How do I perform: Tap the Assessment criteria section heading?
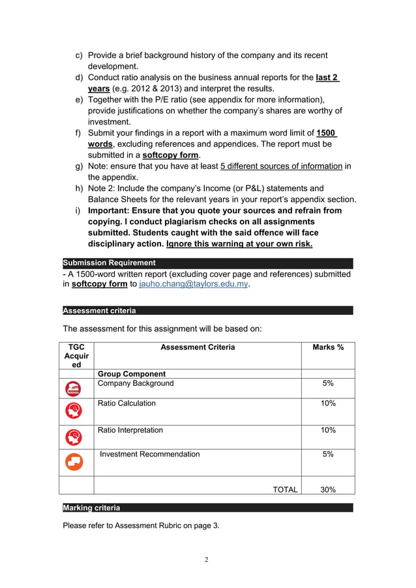pyautogui.click(x=99, y=311)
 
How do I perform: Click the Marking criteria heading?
pyautogui.click(x=91, y=508)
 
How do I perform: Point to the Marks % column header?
pyautogui.click(x=328, y=347)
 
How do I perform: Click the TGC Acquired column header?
pyautogui.click(x=76, y=356)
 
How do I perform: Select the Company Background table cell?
pyautogui.click(x=136, y=383)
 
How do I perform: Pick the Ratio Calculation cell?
pyautogui.click(x=126, y=404)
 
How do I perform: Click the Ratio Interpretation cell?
pyautogui.click(x=130, y=430)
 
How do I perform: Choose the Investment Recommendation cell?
pyautogui.click(x=150, y=454)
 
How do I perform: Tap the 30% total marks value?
pyautogui.click(x=328, y=490)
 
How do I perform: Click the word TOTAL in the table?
pyautogui.click(x=285, y=490)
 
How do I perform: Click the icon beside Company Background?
pyautogui.click(x=74, y=389)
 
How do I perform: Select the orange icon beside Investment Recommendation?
pyautogui.click(x=74, y=462)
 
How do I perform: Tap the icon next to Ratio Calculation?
pyautogui.click(x=74, y=411)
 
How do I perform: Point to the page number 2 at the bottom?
pyautogui.click(x=207, y=559)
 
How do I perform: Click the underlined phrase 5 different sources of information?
pyautogui.click(x=281, y=166)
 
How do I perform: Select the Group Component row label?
pyautogui.click(x=131, y=374)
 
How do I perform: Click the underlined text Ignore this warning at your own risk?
pyautogui.click(x=239, y=244)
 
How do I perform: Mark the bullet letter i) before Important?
pyautogui.click(x=78, y=211)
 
